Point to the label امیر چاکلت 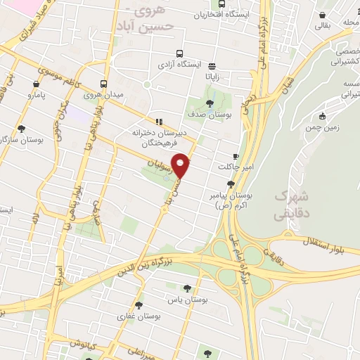233,167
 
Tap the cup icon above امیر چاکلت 235,156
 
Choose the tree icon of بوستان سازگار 21,129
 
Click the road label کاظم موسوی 53,70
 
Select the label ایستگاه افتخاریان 205,15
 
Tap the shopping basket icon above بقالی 322,15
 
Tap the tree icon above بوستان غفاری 138,305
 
